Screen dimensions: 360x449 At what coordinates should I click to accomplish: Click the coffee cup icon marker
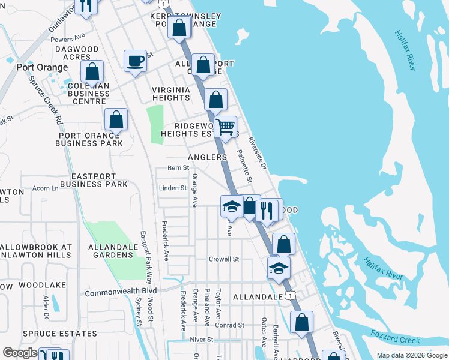click(135, 61)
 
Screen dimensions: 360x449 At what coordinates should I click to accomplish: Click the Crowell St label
click(224, 259)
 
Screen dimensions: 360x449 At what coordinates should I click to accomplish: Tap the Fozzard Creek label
click(395, 340)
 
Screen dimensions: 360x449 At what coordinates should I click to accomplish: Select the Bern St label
click(178, 168)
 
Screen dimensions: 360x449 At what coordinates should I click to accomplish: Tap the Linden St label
click(173, 188)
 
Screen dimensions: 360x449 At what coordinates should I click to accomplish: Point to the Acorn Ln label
click(45, 188)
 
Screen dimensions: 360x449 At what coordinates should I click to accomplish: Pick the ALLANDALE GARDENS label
click(110, 251)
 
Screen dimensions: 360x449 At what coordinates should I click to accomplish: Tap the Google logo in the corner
click(20, 353)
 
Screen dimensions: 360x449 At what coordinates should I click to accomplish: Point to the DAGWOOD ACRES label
click(76, 52)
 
